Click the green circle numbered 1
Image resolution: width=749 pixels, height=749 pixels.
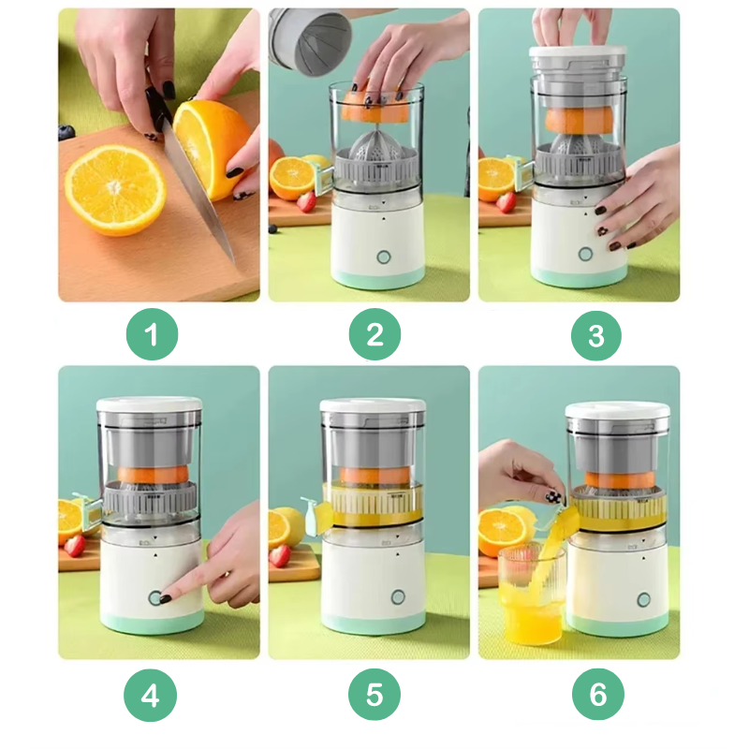[152, 334]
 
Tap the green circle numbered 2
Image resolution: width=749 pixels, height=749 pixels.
[374, 334]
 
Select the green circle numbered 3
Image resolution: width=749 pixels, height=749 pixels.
[596, 334]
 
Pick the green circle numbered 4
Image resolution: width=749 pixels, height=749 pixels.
[152, 694]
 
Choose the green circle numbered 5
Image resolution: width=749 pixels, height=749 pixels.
[374, 694]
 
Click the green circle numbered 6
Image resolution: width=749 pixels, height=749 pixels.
[596, 694]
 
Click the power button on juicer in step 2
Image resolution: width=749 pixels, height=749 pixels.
[383, 257]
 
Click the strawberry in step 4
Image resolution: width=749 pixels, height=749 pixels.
[75, 545]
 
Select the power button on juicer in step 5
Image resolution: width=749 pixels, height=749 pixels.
[396, 597]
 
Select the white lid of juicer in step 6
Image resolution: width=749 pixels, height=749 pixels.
[617, 410]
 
